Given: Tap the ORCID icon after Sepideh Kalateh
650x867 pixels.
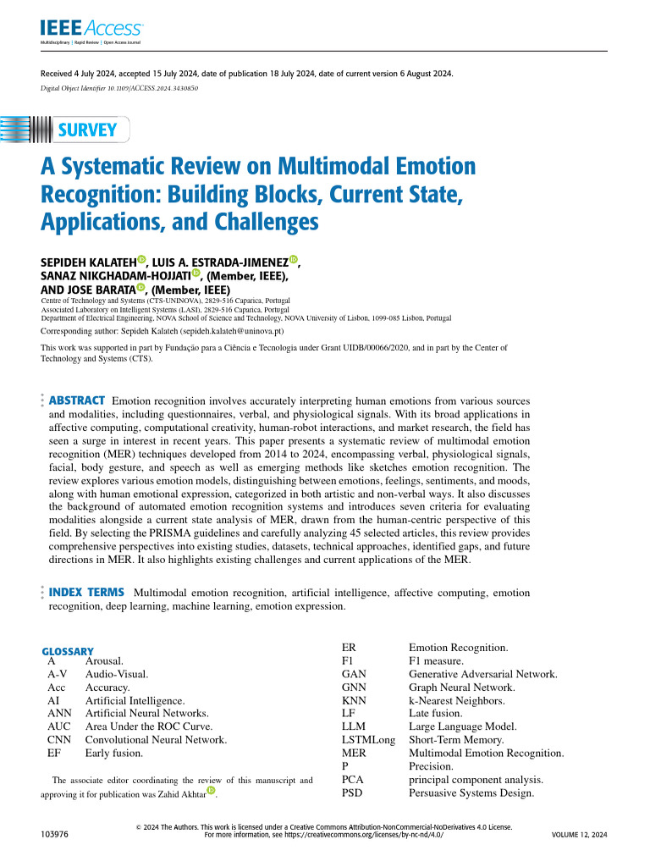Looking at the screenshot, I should [x=141, y=261].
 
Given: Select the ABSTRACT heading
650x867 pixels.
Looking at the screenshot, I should [x=77, y=400].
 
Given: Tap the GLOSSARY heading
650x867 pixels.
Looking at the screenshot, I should [x=69, y=651].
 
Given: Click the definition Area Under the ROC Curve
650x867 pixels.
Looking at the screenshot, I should [x=148, y=726].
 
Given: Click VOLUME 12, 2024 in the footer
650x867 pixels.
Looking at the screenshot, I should [x=579, y=834].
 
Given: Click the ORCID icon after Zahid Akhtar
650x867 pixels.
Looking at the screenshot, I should [x=211, y=792].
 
